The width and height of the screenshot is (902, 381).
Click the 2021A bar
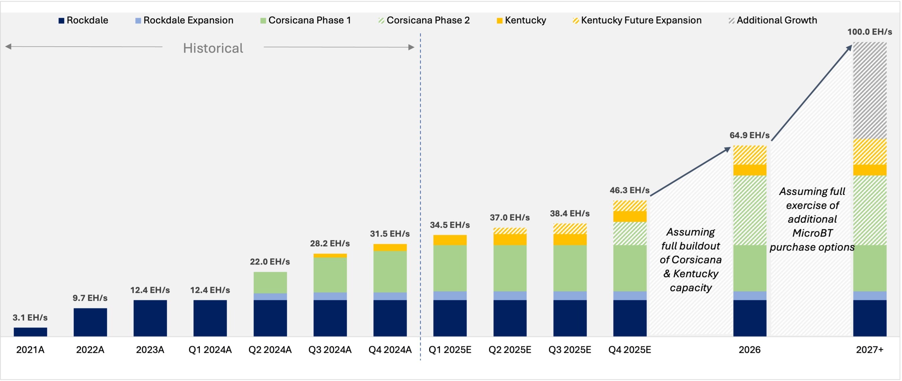coord(30,332)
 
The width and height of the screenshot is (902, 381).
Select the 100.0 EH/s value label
coord(870,32)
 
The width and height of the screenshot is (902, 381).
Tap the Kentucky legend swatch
coord(500,21)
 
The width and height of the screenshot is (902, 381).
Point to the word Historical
coord(213,48)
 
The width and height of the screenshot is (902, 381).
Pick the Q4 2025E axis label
coord(630,350)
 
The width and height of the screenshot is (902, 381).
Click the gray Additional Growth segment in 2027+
coord(870,90)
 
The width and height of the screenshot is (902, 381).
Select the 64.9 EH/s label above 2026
coord(749,135)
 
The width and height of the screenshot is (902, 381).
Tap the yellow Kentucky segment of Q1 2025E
coord(450,240)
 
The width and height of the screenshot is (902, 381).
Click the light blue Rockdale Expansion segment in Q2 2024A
coord(270,296)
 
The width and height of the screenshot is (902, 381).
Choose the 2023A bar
coord(150,318)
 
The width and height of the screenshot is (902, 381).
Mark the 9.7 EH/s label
coord(90,298)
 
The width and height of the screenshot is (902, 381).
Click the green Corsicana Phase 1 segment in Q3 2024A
coord(330,275)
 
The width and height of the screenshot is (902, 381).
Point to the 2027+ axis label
coord(870,350)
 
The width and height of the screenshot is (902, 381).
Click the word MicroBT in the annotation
coord(812,233)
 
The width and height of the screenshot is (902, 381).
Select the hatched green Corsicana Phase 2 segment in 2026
coord(750,210)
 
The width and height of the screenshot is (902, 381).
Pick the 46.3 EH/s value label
coord(629,190)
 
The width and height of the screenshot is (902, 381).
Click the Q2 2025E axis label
coord(510,350)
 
